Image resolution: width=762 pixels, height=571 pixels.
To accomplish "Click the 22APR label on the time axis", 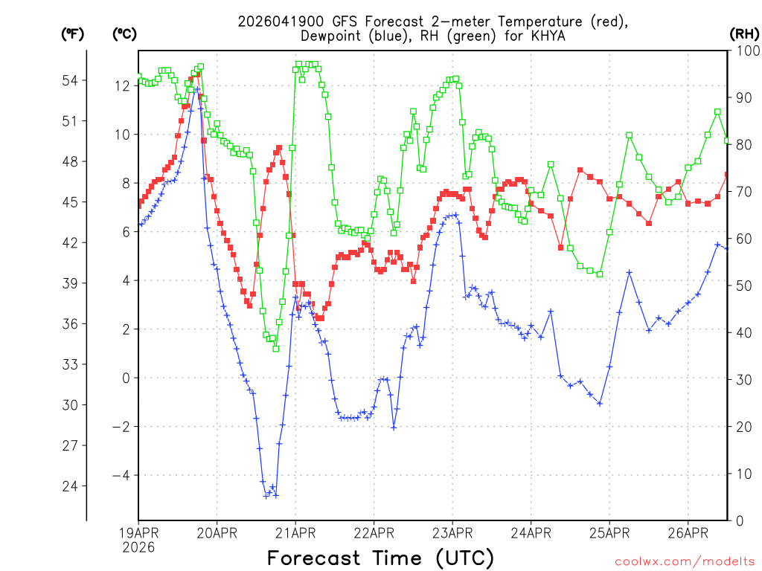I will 374,532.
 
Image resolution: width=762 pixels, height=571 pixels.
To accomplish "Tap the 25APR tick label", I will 609,532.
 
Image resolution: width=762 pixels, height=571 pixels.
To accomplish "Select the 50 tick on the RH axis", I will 743,285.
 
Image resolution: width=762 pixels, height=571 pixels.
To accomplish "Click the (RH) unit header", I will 744,33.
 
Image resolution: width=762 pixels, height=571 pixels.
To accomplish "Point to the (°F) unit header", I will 72,33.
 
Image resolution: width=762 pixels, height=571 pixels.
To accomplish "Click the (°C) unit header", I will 124,33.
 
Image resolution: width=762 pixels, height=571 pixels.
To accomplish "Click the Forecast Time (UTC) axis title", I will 380,558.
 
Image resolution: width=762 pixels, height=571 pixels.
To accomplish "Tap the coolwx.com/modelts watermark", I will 684,561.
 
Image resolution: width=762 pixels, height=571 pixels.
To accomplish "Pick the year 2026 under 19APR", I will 138,547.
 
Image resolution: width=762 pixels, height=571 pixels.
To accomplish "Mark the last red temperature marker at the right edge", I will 728,175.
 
